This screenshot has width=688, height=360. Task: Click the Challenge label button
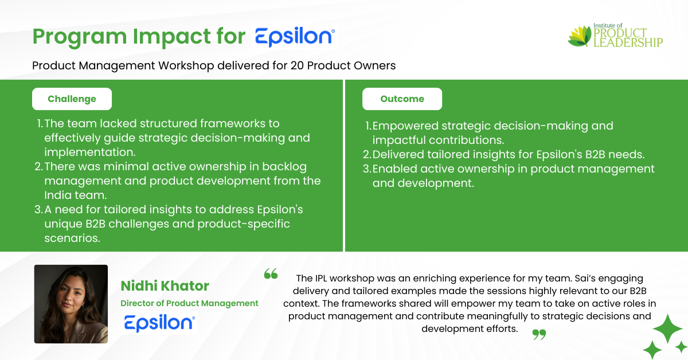(x=72, y=99)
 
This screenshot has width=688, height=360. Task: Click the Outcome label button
(x=402, y=99)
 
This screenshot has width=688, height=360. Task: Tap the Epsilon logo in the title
(x=295, y=37)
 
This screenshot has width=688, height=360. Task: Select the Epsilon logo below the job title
(x=159, y=323)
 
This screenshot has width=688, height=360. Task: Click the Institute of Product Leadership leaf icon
(x=580, y=36)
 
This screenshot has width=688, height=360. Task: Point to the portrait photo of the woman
(x=71, y=304)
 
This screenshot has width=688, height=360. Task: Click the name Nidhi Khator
(x=165, y=285)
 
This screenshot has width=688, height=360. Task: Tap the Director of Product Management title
(x=189, y=303)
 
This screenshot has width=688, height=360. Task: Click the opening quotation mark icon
(x=271, y=273)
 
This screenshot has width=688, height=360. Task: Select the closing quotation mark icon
(x=539, y=334)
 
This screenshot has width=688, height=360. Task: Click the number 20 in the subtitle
(x=297, y=65)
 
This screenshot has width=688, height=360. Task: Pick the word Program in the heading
(x=80, y=37)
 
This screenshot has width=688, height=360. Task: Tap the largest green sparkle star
(x=667, y=328)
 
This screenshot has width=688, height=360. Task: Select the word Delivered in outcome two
(x=398, y=154)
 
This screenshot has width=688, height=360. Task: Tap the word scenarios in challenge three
(x=72, y=238)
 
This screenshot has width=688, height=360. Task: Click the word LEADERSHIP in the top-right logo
(x=628, y=42)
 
